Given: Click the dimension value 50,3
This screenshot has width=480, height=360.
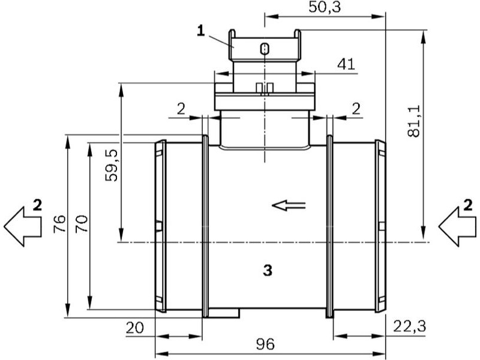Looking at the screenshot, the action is point(324,7).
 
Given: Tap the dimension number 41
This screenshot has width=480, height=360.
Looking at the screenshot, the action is point(346,64).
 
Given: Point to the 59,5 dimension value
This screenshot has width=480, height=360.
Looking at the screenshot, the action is point(111,166).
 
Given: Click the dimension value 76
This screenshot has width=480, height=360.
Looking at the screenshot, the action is point(59,223).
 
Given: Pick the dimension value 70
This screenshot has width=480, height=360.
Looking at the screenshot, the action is point(82,223).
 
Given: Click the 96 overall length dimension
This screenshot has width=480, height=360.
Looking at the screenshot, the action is point(265,344).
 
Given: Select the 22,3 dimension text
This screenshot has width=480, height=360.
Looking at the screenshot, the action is point(410,326).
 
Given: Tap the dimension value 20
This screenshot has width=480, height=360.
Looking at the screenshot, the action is point(134,328).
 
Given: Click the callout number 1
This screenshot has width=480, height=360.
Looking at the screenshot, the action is point(201,31).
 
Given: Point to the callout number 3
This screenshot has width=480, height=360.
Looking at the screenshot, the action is point(268,271).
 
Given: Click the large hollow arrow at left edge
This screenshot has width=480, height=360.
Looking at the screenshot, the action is point(23,227).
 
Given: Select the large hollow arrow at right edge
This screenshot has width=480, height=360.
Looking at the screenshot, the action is point(457,227).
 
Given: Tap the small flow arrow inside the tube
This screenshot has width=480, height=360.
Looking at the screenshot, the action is point(289,205).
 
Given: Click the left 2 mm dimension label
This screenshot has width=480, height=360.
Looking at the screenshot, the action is point(181,109).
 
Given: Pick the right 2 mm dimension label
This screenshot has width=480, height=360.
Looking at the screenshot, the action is point(356,109).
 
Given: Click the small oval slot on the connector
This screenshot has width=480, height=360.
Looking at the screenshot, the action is point(265,49).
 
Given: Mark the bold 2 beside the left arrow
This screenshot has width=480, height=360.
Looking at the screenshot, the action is point(37,205).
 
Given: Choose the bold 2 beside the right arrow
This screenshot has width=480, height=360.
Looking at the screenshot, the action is point(468,205).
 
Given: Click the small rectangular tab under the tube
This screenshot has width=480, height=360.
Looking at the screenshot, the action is point(224,313).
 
